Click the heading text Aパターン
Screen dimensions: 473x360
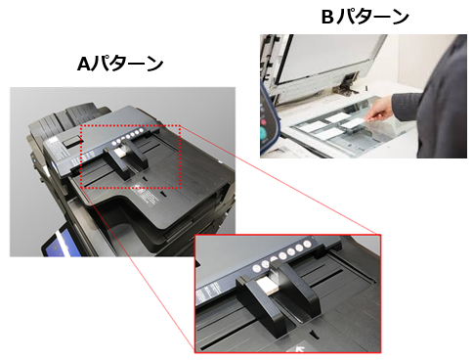point(120,64)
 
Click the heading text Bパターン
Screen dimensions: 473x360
point(365,17)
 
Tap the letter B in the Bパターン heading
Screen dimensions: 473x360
point(327,17)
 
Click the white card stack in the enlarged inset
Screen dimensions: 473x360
point(267,285)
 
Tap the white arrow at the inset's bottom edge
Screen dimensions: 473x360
point(298,349)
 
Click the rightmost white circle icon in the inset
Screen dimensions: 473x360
point(307,244)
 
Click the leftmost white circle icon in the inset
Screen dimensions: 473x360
point(257,268)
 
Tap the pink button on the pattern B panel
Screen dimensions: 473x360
point(263,123)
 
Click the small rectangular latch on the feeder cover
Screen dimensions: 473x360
point(72,141)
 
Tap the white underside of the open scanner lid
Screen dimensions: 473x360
point(329,59)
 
